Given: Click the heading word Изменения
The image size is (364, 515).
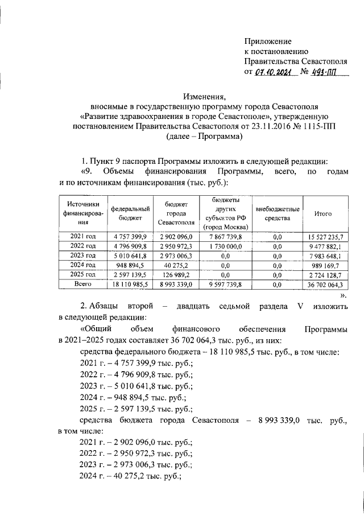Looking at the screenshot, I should point(206,96).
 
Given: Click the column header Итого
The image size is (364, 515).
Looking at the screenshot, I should point(323,213).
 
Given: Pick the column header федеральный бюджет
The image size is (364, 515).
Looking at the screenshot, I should point(130,213).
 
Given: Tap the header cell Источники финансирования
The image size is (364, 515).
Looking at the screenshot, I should point(82,213).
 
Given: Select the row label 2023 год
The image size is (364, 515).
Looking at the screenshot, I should point(82,256).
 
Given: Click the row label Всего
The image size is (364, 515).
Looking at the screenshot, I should point(82,283).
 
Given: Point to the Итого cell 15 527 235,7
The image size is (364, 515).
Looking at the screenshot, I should point(323,237).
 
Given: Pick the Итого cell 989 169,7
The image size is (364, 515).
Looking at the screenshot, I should point(323,265).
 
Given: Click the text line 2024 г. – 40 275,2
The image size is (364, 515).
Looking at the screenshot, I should point(131,477).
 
